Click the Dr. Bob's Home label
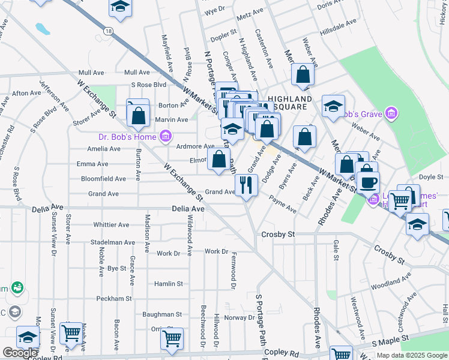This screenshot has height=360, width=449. (126, 136)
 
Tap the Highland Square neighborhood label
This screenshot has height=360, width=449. (290, 103)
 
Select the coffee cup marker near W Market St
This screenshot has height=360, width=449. (367, 181)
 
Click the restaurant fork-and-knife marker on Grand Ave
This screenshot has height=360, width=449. (246, 184)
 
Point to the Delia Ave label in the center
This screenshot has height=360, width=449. (188, 209)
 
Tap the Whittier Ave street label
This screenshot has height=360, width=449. (111, 225)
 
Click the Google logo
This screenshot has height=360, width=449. (20, 353)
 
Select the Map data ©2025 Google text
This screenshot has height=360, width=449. (411, 355)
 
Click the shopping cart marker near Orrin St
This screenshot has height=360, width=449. (172, 338)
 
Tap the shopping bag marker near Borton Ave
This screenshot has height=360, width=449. (139, 116)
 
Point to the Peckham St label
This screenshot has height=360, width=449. (97, 298)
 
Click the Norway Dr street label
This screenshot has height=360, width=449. (240, 317)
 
